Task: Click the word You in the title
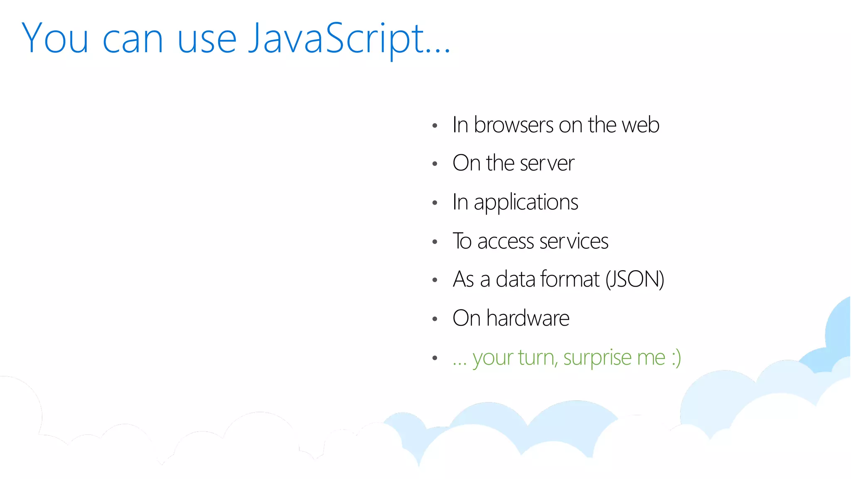[55, 39]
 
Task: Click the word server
[547, 163]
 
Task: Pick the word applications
[526, 202]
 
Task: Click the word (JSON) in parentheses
[635, 279]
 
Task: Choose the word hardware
[528, 318]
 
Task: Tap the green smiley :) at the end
[676, 358]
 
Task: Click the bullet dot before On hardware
[435, 319]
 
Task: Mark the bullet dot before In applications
[435, 203]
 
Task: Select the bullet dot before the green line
[435, 358]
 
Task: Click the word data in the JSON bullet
[515, 279]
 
